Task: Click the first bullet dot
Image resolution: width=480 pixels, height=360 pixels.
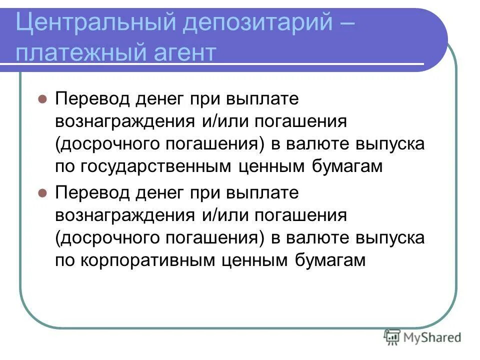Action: [x=42, y=98]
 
